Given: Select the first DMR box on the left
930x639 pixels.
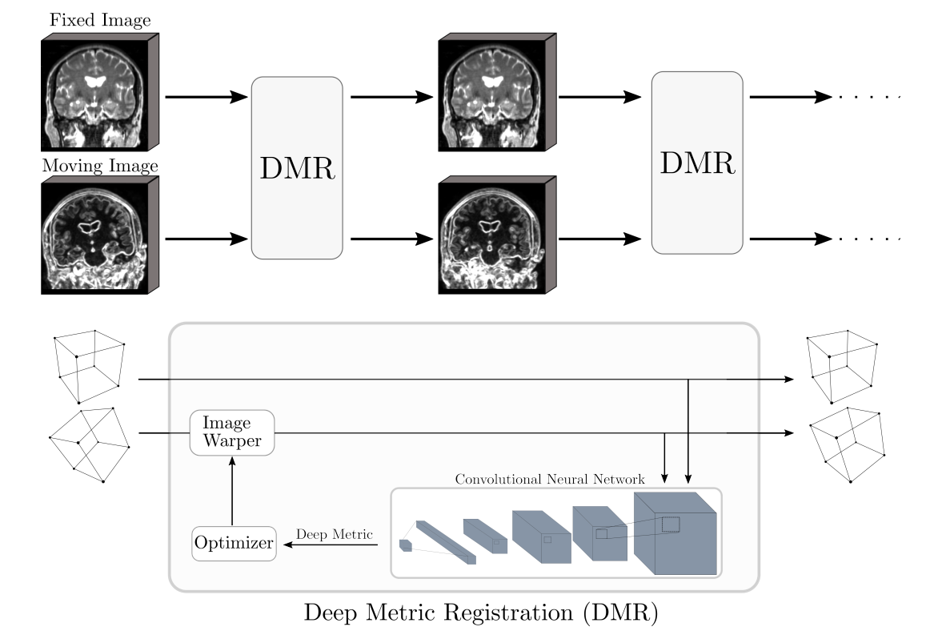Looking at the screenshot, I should coord(297,167).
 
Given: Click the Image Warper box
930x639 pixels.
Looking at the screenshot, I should coord(232,432).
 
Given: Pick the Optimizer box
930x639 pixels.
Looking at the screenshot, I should coord(234,545).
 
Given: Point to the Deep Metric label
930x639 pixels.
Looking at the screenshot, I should coord(335,534).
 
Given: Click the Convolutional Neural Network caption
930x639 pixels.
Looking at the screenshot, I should coord(550,480).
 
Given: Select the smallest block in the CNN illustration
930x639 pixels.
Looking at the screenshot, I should coord(406,545).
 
